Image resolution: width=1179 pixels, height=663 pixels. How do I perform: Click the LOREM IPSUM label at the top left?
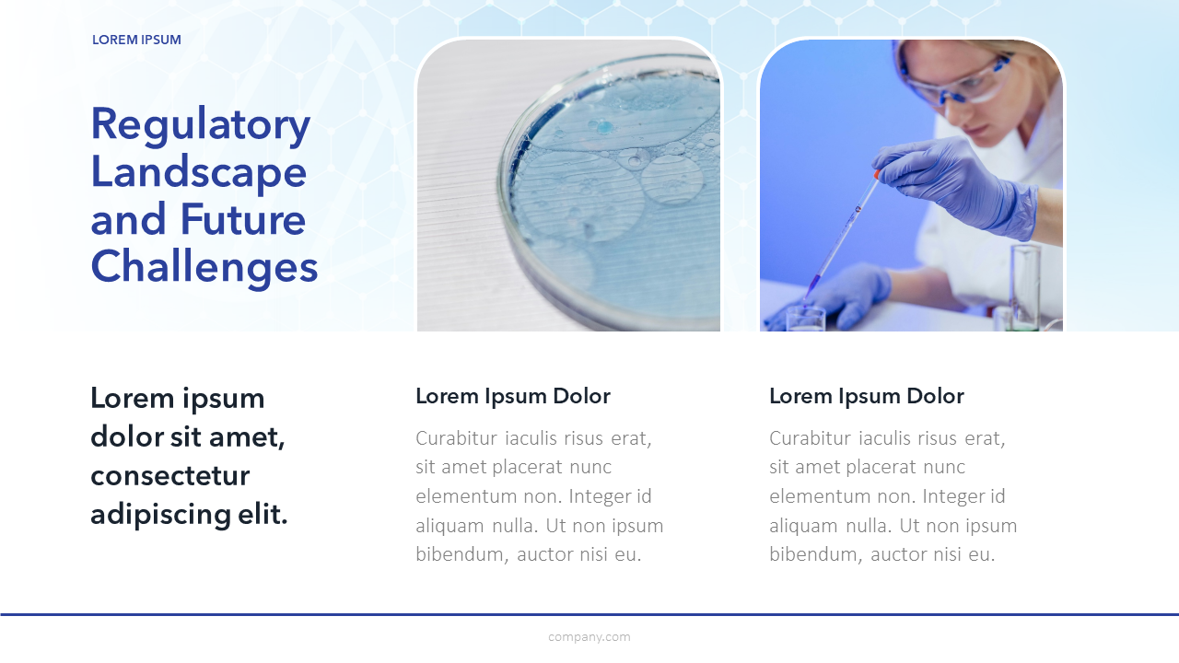[x=136, y=40]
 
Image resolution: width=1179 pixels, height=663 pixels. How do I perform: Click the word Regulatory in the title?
[x=201, y=126]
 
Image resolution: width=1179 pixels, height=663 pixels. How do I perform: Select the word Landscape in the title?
[x=198, y=173]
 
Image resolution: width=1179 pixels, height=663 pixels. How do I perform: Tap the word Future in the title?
[x=242, y=219]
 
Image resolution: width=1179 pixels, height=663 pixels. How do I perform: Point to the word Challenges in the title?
[x=204, y=267]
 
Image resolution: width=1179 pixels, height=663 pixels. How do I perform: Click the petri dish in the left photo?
[x=609, y=190]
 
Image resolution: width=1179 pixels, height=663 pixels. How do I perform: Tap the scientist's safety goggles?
[x=955, y=77]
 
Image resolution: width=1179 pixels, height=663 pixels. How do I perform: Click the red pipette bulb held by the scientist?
[x=877, y=174]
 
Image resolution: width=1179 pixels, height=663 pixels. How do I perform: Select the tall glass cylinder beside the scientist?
[x=1025, y=286]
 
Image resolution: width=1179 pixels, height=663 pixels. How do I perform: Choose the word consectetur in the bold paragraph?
[x=170, y=476]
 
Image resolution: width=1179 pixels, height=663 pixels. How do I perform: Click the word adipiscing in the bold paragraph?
[x=161, y=515]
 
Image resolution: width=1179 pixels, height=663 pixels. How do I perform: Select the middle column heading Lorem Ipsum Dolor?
[x=513, y=396]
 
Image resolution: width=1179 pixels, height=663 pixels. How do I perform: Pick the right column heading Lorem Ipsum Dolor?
[x=867, y=396]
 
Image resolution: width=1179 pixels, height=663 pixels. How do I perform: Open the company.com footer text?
[x=589, y=637]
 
